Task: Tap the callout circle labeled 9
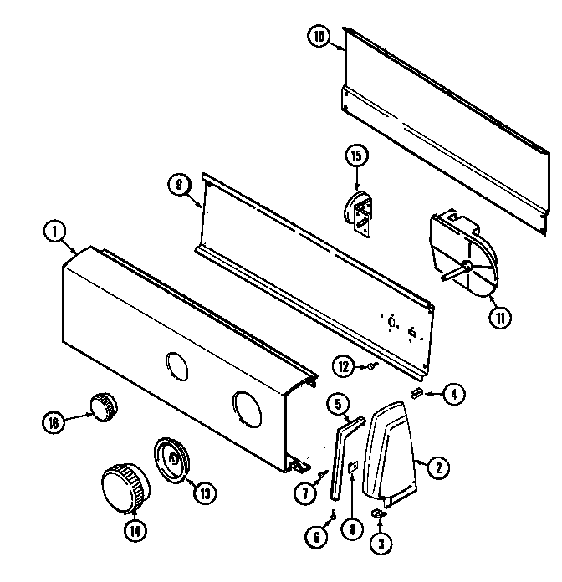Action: [179, 186]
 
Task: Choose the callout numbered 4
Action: [452, 394]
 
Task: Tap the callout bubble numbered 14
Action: [133, 528]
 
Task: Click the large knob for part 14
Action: [124, 489]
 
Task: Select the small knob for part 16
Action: [104, 406]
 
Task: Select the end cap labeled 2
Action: [391, 448]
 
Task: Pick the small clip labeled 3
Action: [378, 511]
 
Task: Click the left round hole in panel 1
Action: [176, 365]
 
